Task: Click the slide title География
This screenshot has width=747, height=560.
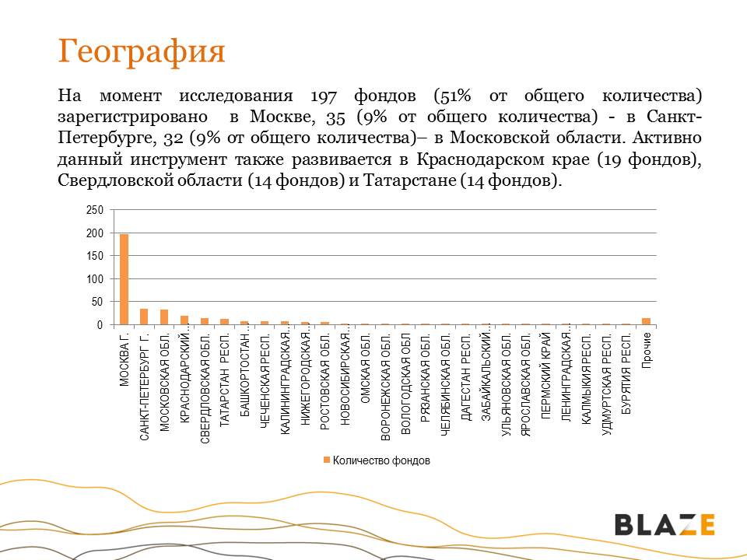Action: pyautogui.click(x=142, y=51)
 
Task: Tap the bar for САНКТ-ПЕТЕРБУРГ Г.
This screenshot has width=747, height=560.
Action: pyautogui.click(x=144, y=317)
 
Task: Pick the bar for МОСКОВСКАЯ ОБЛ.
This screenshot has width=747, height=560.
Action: pyautogui.click(x=164, y=317)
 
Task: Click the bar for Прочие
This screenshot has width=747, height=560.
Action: pyautogui.click(x=646, y=321)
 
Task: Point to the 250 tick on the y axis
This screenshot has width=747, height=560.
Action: pyautogui.click(x=94, y=211)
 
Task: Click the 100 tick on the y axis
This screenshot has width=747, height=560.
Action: pyautogui.click(x=94, y=279)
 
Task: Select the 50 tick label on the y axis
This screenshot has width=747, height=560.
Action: pyautogui.click(x=96, y=302)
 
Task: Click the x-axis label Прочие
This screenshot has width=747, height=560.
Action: pyautogui.click(x=647, y=351)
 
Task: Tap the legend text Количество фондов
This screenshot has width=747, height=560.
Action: pyautogui.click(x=381, y=460)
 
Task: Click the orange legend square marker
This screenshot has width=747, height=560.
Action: pyautogui.click(x=327, y=460)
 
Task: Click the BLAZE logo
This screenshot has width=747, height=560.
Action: pyautogui.click(x=665, y=524)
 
